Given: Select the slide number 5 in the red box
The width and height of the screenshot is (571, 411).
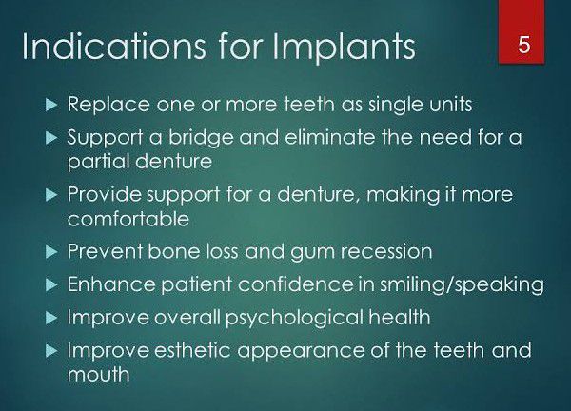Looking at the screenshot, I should [524, 44].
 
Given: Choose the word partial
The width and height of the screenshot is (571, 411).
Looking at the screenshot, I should [100, 161].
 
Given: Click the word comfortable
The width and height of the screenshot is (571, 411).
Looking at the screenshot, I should [128, 218].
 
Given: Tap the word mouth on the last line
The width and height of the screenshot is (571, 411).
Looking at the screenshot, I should [98, 374].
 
